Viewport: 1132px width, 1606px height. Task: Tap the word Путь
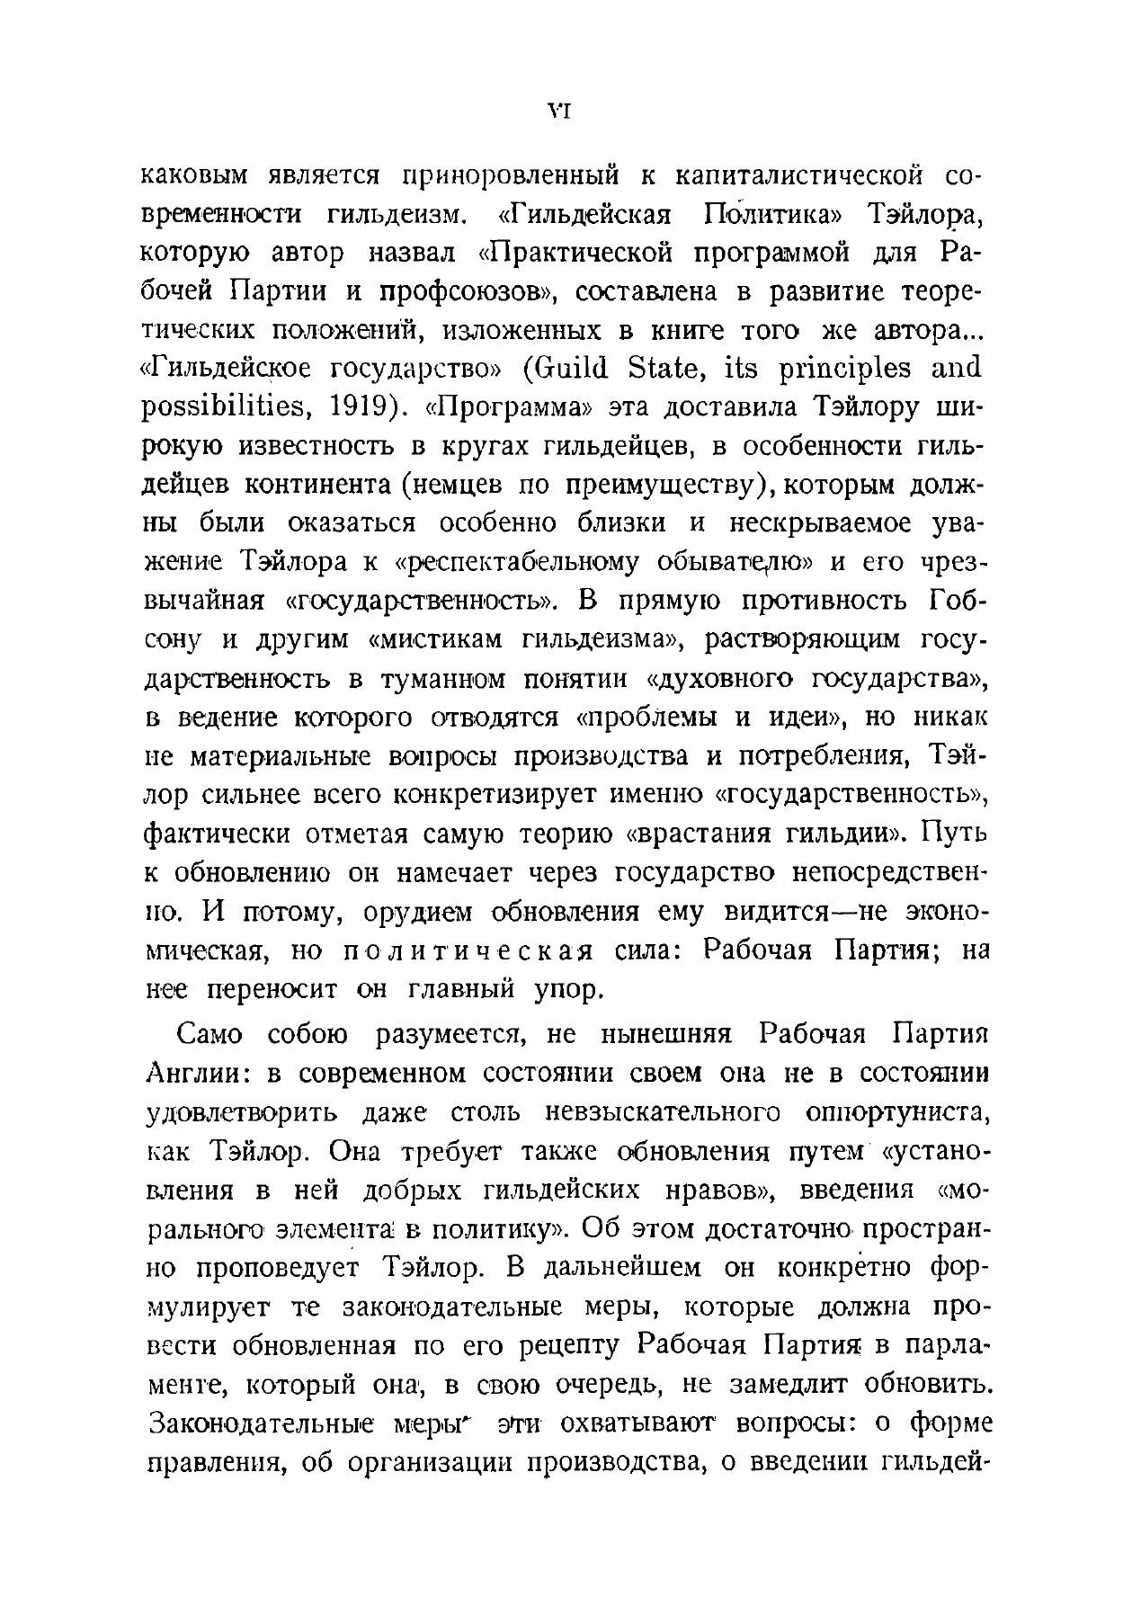tap(956, 834)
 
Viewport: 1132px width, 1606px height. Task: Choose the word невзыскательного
tap(662, 1112)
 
